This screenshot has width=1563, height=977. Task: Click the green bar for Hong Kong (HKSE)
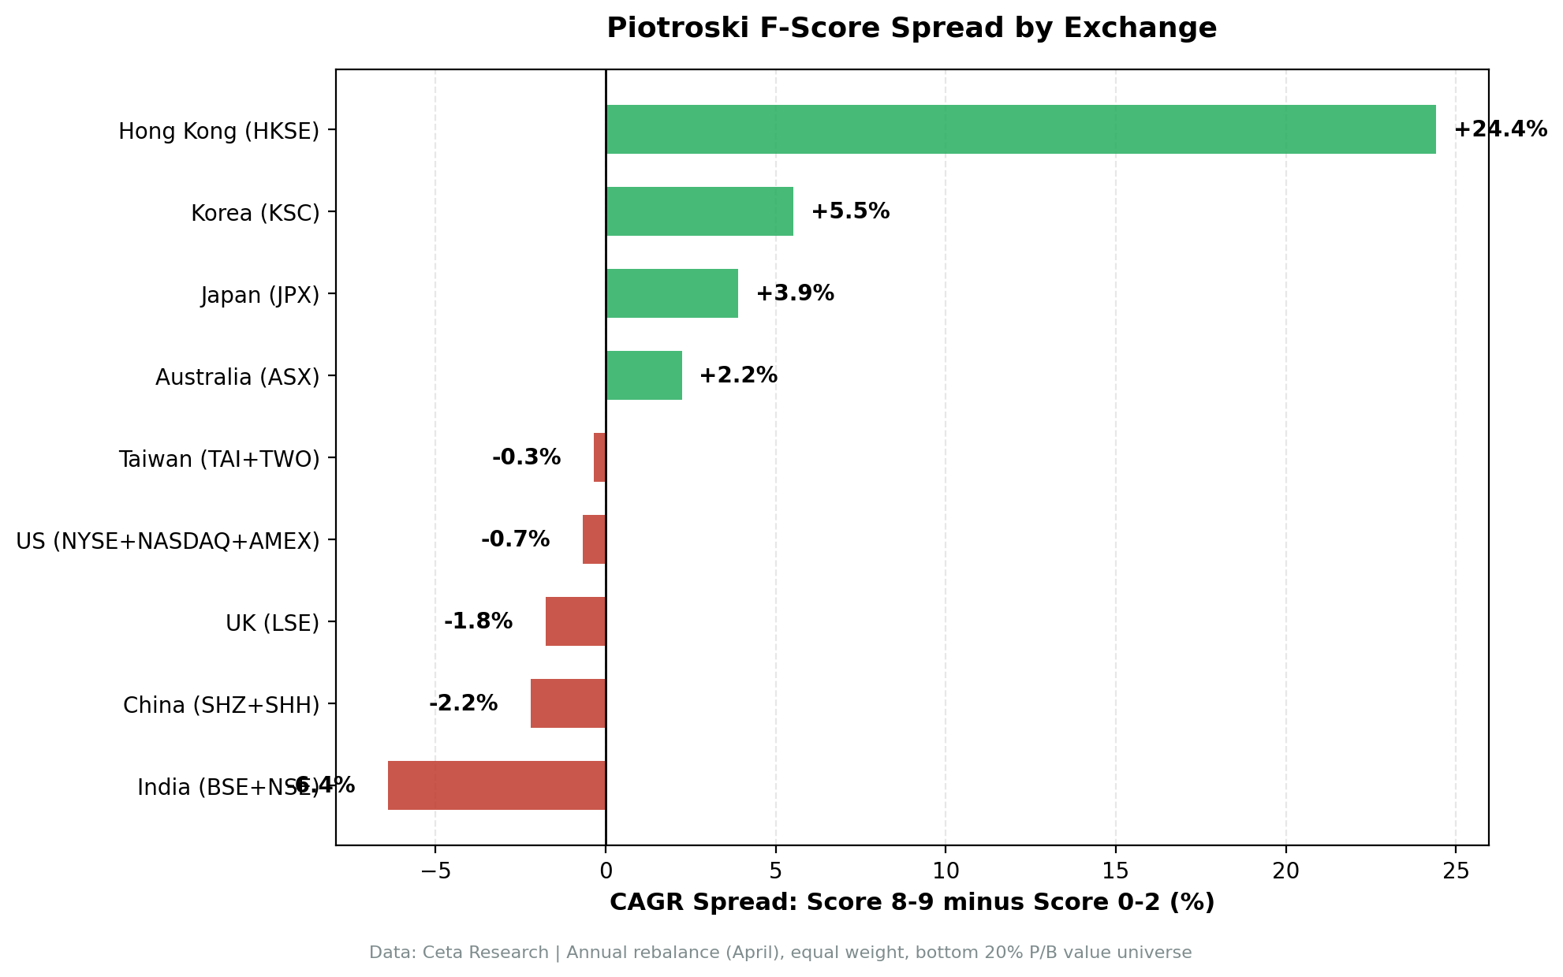click(x=1020, y=129)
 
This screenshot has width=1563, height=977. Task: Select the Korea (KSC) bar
click(x=699, y=211)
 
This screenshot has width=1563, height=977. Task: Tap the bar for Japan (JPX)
click(x=672, y=293)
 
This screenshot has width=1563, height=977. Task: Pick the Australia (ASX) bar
click(x=643, y=375)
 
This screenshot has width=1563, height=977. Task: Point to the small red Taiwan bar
click(x=600, y=457)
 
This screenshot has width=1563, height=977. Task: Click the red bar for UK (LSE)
click(x=576, y=621)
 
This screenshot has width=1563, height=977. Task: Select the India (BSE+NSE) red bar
click(x=497, y=785)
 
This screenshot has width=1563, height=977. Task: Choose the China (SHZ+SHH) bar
click(x=568, y=703)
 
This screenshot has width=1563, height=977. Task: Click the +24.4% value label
click(x=1500, y=129)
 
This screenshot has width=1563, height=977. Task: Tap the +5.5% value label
click(x=850, y=211)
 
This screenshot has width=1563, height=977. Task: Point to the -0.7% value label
click(x=515, y=539)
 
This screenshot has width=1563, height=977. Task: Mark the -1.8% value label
click(x=478, y=621)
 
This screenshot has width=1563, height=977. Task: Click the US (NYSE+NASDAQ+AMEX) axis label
click(x=168, y=541)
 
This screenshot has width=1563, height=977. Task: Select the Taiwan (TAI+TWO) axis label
click(x=219, y=459)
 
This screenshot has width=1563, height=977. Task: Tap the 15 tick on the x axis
click(x=1116, y=871)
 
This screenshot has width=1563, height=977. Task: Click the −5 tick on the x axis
click(x=435, y=871)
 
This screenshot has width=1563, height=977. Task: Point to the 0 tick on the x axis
click(x=606, y=871)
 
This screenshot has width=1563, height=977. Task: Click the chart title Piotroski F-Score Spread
click(x=912, y=28)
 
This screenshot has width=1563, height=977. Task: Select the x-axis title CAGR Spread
click(x=912, y=903)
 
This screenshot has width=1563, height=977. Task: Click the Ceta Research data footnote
click(x=780, y=953)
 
